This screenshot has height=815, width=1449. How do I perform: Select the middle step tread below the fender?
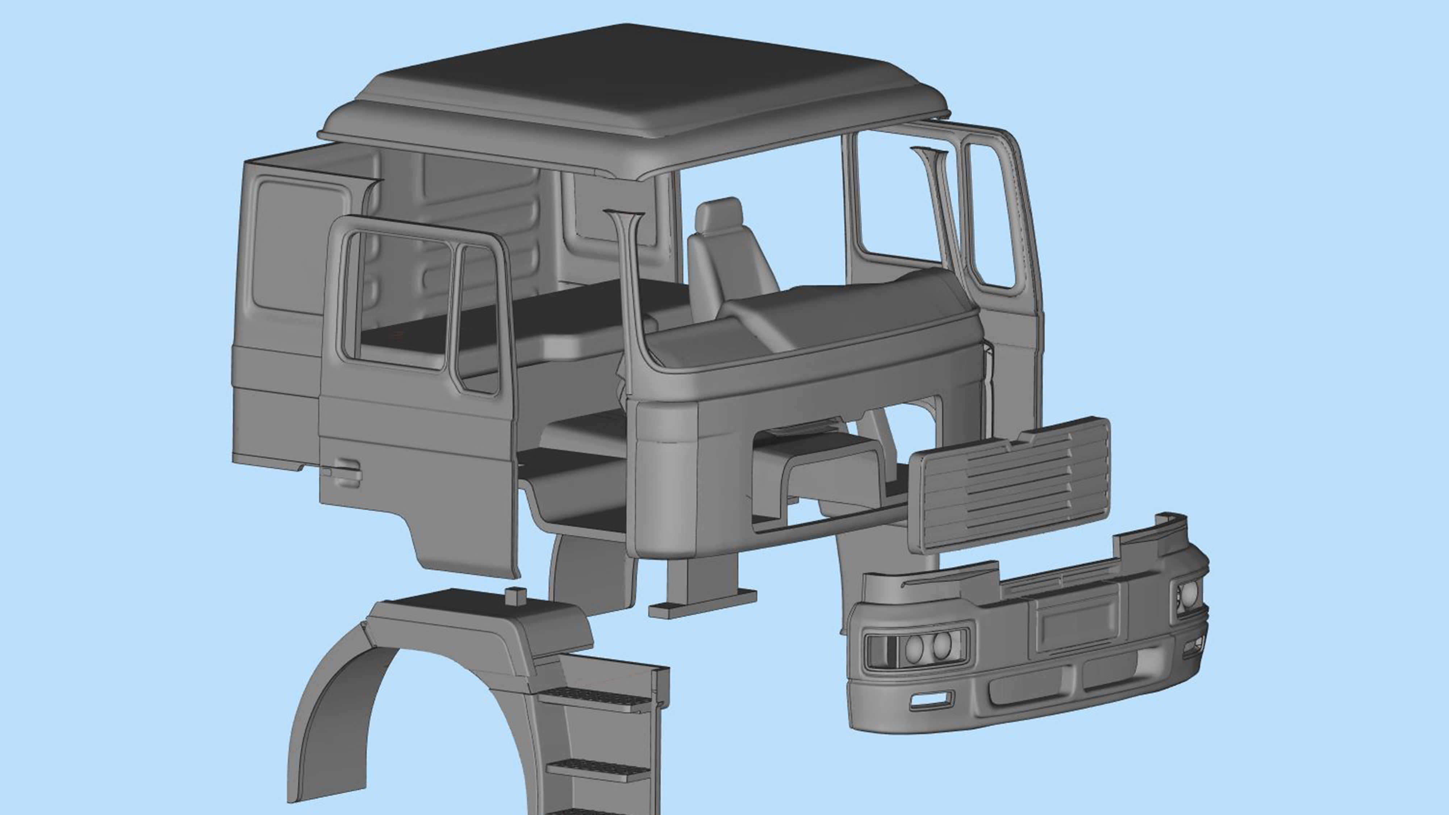pos(599,768)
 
